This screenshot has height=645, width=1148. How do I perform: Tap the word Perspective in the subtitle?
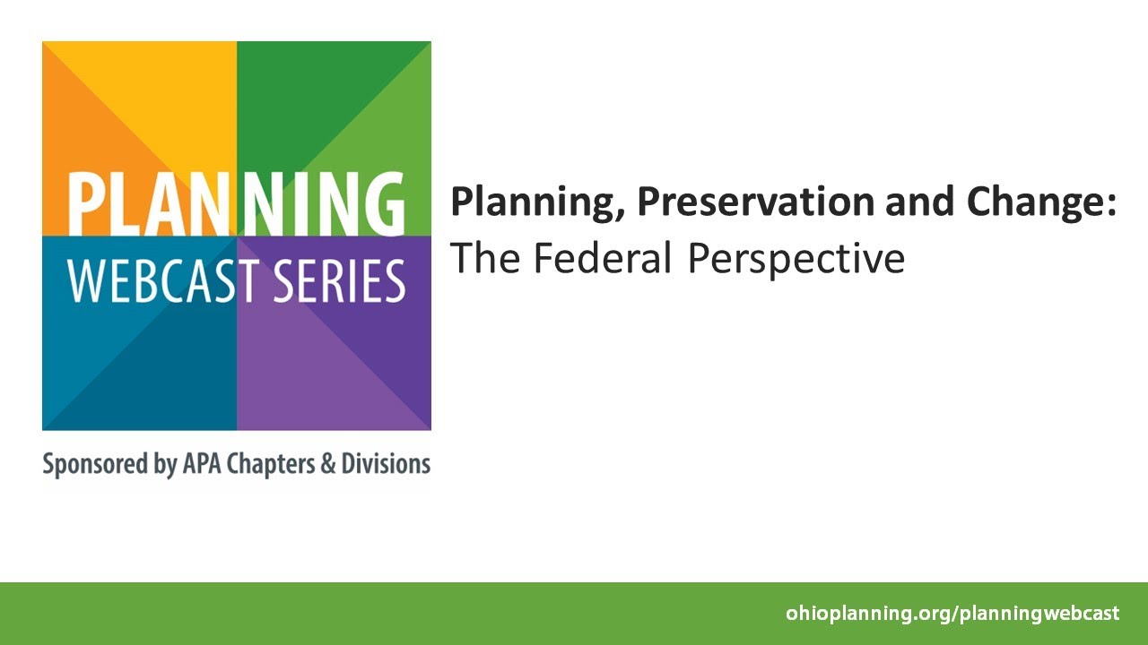(796, 260)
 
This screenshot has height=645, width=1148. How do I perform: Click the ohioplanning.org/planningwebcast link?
(952, 614)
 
